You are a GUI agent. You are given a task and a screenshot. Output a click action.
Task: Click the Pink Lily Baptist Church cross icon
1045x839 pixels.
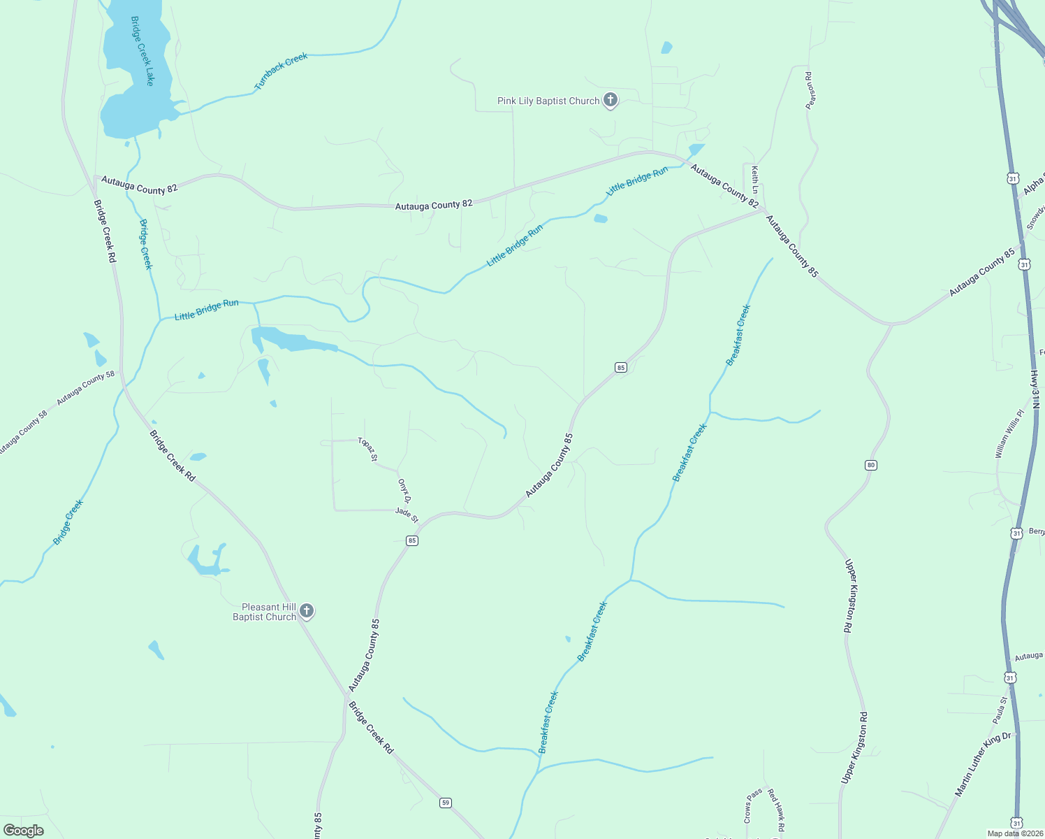click(611, 100)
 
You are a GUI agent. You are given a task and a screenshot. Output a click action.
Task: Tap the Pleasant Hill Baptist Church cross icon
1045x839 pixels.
click(306, 611)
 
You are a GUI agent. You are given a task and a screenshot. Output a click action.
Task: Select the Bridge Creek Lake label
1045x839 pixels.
click(142, 51)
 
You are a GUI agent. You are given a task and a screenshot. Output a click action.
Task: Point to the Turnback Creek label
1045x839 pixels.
click(281, 71)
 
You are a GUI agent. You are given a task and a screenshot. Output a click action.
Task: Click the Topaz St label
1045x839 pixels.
click(367, 449)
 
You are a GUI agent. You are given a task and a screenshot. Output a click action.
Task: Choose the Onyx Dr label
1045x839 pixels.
click(404, 490)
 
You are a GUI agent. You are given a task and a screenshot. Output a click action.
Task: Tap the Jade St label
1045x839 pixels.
click(407, 515)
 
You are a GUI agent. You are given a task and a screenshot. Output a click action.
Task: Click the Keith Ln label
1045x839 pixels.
click(755, 179)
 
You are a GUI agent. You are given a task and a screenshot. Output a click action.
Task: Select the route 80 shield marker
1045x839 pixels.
click(870, 465)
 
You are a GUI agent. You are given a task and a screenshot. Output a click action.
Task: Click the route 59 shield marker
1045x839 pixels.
click(446, 802)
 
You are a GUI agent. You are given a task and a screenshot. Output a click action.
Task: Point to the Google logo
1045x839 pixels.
click(23, 831)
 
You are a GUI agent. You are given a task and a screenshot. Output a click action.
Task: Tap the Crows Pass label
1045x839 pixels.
click(752, 805)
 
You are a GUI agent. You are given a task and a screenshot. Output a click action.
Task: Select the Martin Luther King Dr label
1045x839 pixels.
click(983, 764)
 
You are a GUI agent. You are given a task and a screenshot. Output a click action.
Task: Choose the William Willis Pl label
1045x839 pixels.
click(1009, 434)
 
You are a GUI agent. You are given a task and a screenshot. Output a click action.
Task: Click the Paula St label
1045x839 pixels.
click(1000, 710)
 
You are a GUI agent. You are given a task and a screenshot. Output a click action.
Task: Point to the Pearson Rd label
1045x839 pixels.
click(810, 90)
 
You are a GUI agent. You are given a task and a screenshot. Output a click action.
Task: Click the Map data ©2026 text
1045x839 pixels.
click(1015, 833)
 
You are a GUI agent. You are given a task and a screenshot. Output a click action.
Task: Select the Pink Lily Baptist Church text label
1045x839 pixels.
click(548, 101)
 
